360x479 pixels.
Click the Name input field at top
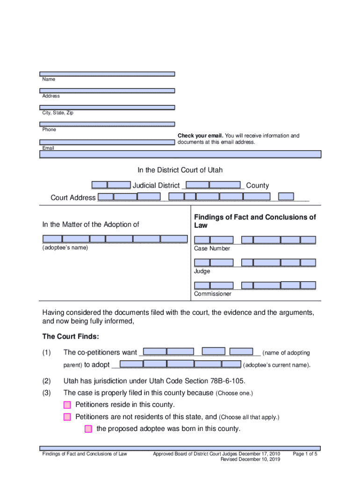(107, 74)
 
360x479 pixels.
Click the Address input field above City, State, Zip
(107, 91)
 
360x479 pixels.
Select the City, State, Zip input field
(107, 108)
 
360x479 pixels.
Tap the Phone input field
(107, 124)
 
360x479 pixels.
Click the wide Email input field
(180, 154)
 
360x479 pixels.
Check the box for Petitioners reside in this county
(67, 405)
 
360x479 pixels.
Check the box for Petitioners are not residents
(67, 417)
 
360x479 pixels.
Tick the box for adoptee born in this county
(88, 429)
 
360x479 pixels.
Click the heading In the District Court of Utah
(180, 170)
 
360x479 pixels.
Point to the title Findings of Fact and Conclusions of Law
(255, 221)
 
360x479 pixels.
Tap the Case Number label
(212, 248)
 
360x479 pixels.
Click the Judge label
(202, 271)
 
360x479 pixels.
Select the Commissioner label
(213, 294)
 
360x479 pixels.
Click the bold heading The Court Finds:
(71, 337)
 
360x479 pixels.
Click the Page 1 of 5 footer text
(305, 454)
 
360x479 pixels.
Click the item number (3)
(46, 393)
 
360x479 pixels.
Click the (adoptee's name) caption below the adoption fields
(65, 247)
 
